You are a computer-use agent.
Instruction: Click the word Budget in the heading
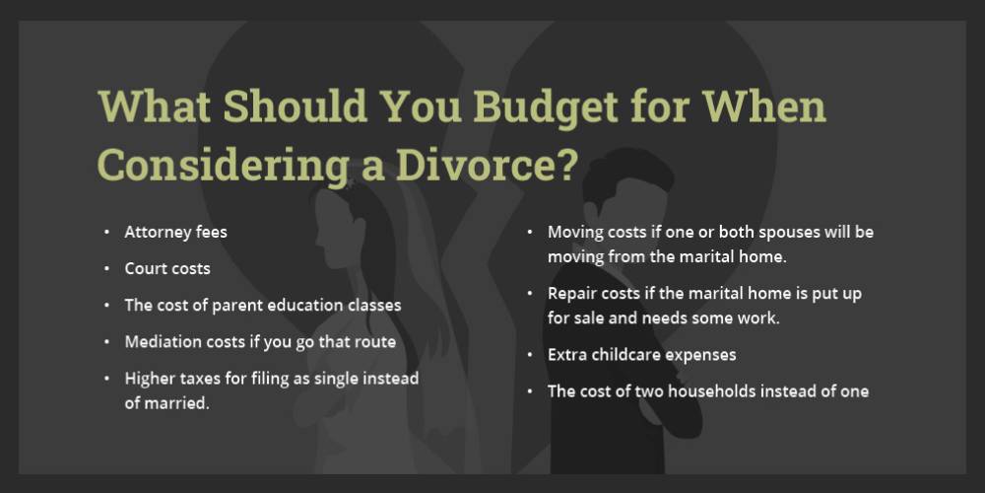point(545,107)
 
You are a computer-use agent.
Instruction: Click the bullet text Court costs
point(167,268)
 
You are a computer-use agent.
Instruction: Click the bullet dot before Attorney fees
point(107,232)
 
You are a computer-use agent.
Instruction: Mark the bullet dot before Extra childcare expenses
point(531,355)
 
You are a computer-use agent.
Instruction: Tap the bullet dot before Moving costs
point(531,232)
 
